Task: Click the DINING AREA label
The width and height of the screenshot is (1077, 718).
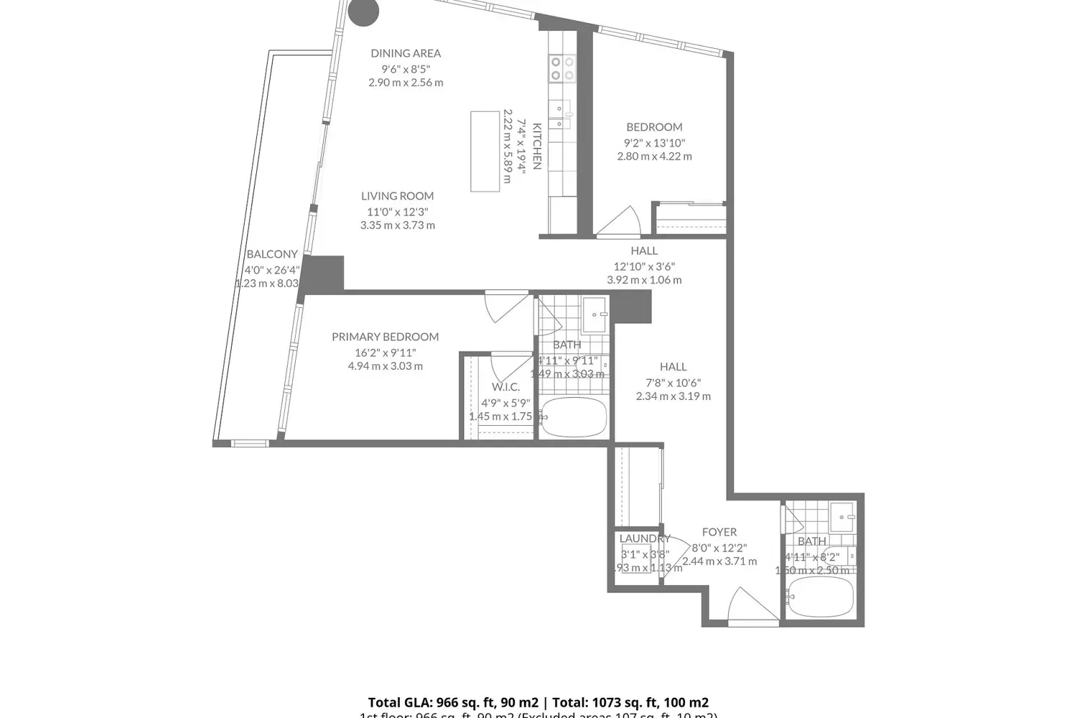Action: [x=406, y=53]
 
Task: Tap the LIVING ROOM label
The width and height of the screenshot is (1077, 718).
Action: [x=397, y=196]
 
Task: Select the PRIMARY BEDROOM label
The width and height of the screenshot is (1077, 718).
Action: [x=385, y=337]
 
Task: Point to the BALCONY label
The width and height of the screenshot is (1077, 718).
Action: [x=271, y=254]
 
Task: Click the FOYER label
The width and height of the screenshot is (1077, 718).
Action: [x=719, y=532]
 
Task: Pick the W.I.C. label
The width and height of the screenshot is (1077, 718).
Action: [x=505, y=387]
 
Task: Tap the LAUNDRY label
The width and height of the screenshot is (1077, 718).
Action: [x=644, y=538]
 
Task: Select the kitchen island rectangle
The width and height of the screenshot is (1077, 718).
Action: [x=485, y=151]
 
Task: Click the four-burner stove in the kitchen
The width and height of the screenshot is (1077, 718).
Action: [x=562, y=68]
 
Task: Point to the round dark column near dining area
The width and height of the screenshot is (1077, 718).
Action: [x=363, y=11]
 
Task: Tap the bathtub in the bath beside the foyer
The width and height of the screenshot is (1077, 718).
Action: [x=820, y=597]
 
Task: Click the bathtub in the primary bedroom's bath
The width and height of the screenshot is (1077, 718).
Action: [x=574, y=417]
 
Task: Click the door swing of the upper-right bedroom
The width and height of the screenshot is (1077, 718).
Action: [x=621, y=222]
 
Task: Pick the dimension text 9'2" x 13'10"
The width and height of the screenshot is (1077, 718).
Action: [x=654, y=143]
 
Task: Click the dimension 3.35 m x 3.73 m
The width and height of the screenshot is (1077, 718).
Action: [x=397, y=225]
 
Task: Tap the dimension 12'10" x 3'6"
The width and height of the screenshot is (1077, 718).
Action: [x=644, y=266]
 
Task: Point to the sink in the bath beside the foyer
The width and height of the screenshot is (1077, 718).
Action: [x=841, y=515]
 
